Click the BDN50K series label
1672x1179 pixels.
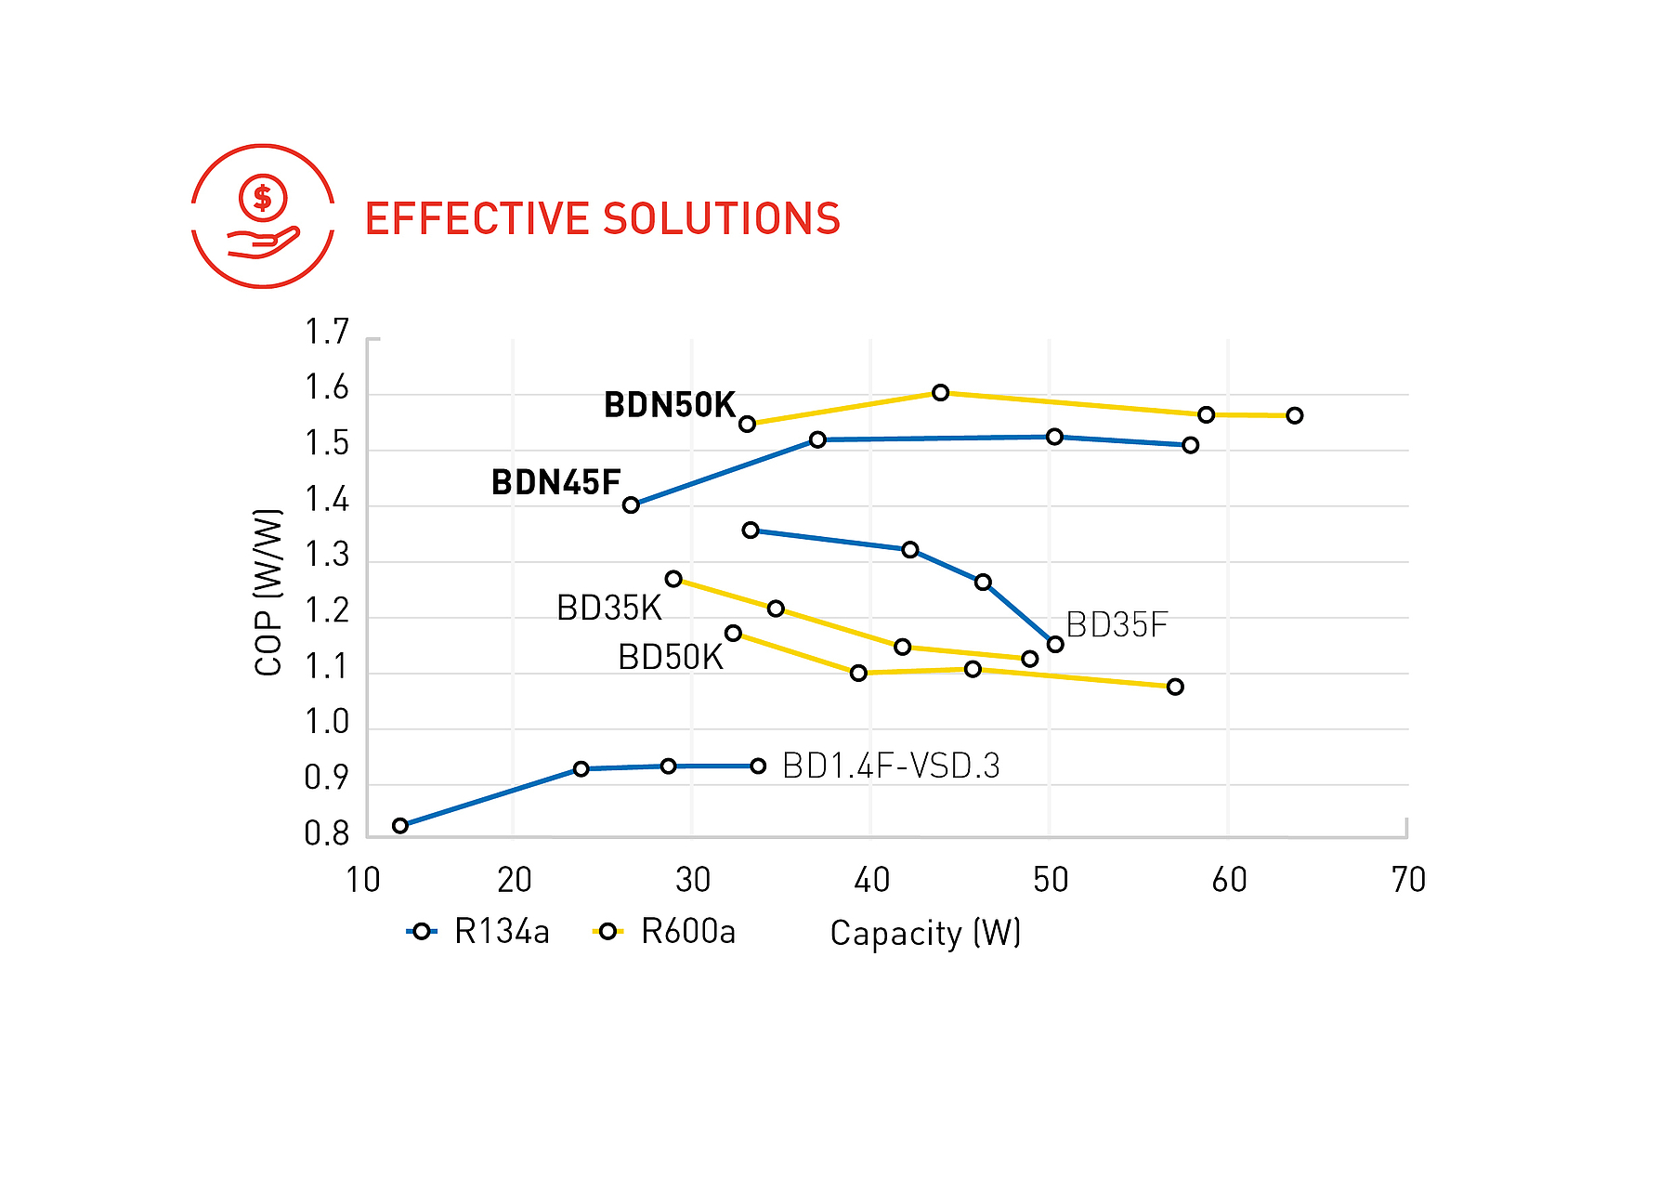coord(669,405)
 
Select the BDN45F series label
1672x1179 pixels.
coord(555,483)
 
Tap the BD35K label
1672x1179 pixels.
coord(608,609)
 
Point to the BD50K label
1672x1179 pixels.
coord(670,658)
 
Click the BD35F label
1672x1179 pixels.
coord(1116,625)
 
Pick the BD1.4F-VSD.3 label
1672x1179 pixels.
coord(891,766)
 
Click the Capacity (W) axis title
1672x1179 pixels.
coord(925,933)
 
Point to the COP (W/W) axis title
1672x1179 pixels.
coord(268,592)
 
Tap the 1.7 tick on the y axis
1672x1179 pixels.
coord(327,332)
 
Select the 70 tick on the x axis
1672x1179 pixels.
coord(1408,880)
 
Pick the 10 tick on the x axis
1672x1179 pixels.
coord(363,880)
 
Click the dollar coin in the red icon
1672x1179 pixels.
coord(263,197)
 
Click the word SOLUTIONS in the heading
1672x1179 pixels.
coord(721,219)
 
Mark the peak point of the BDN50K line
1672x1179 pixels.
coord(940,393)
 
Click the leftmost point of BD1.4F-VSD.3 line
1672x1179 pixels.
coord(400,826)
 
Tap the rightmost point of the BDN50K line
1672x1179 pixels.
coord(1294,415)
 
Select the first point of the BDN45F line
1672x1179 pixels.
coord(631,505)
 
